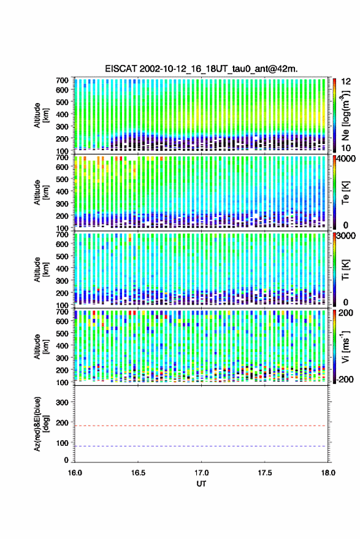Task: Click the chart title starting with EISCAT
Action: point(201,69)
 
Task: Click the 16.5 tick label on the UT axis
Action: point(138,473)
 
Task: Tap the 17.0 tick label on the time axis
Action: point(202,473)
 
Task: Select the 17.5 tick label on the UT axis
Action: point(265,473)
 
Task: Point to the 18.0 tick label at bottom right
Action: point(328,473)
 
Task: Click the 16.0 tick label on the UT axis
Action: point(75,473)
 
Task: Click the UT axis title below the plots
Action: point(202,484)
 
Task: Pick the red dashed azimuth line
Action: point(201,426)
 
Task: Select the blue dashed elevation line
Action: point(201,446)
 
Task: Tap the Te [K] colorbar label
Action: point(345,193)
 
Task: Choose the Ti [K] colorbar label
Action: point(345,270)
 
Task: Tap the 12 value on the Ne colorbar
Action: point(346,82)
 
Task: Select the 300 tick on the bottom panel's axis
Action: point(63,402)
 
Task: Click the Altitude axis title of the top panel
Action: point(41,115)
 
